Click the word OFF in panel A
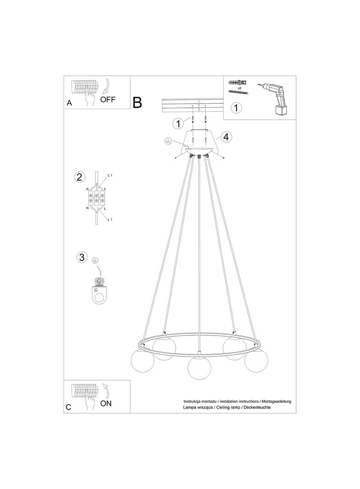click(x=108, y=100)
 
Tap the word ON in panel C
click(x=106, y=403)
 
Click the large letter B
click(x=137, y=102)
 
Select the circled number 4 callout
click(x=226, y=137)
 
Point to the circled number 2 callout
click(x=79, y=177)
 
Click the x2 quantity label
click(x=240, y=88)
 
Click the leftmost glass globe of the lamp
click(x=142, y=361)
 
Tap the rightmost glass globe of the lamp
click(x=256, y=360)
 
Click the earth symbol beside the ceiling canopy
click(x=168, y=141)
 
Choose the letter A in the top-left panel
click(x=69, y=103)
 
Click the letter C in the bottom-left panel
click(x=69, y=407)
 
